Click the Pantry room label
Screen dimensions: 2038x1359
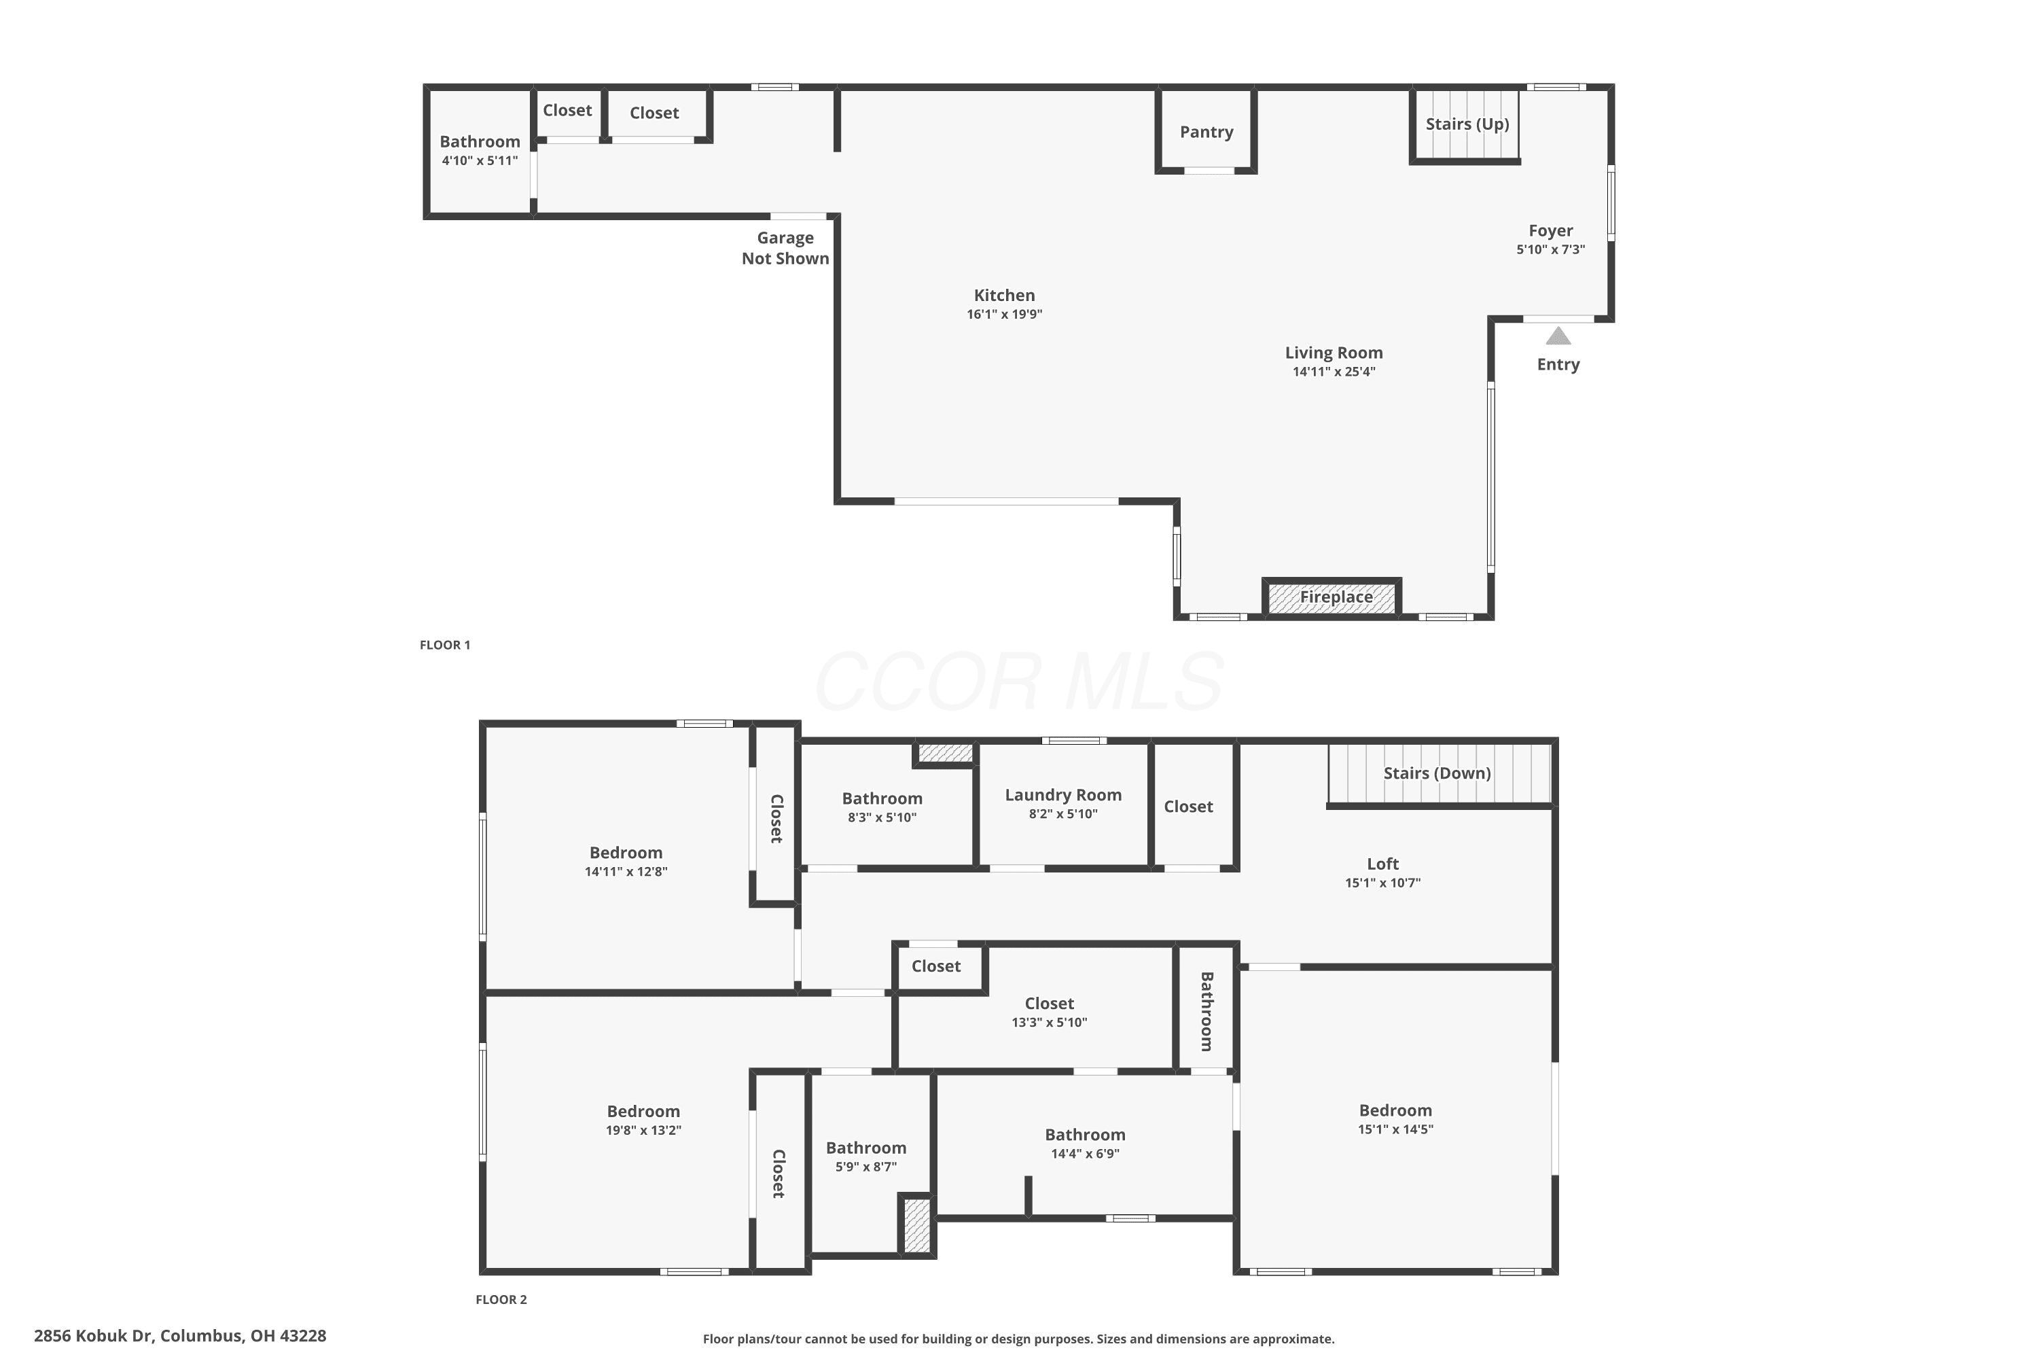(x=1206, y=132)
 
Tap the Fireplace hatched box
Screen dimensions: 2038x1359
(x=1331, y=598)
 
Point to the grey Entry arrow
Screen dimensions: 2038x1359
(x=1558, y=336)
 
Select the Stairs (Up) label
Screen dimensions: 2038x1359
(x=1467, y=124)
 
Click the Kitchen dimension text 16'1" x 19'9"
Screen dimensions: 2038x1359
(x=1004, y=315)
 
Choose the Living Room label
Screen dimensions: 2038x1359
(x=1334, y=353)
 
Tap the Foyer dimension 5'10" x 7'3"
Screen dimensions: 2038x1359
(x=1550, y=249)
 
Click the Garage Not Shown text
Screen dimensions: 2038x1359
(x=785, y=248)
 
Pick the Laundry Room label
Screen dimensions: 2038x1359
(x=1063, y=795)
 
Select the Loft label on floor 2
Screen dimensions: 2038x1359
(x=1382, y=864)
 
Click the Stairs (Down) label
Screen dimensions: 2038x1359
(x=1437, y=773)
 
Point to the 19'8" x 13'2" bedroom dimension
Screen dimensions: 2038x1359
(x=643, y=1130)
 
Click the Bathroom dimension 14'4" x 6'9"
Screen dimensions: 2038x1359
(x=1085, y=1154)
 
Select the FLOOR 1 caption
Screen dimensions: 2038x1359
(x=444, y=645)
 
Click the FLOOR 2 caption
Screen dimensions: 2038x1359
(x=501, y=1299)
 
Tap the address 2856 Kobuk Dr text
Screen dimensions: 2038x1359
(x=94, y=1336)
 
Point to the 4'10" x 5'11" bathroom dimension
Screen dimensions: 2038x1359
(x=479, y=160)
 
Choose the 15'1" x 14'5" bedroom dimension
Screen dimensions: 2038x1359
(x=1395, y=1129)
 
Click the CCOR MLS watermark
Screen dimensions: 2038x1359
(x=1019, y=682)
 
